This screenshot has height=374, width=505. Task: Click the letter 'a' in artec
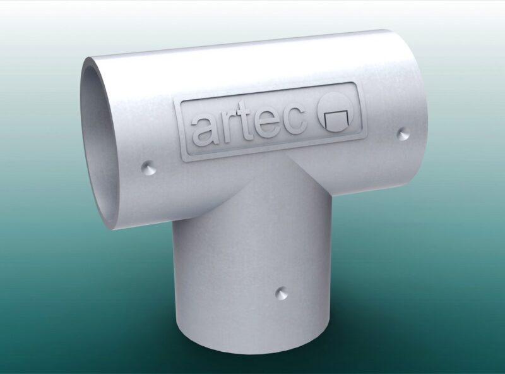[206, 129]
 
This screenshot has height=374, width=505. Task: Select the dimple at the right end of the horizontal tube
[402, 133]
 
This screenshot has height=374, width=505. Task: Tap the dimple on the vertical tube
[280, 294]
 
